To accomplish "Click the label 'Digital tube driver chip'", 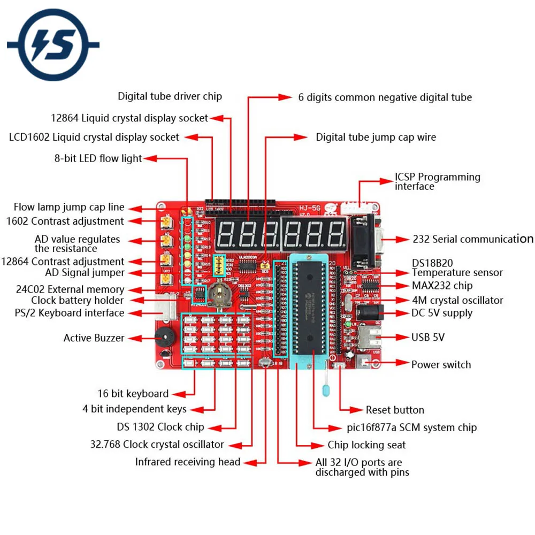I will [x=170, y=96].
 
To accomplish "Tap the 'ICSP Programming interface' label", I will [x=437, y=181].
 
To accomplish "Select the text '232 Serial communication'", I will [x=472, y=239].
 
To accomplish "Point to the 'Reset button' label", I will [x=395, y=410].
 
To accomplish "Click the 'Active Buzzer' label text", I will [x=94, y=338].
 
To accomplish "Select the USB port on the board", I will [x=370, y=337].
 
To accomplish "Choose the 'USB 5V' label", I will [x=427, y=337].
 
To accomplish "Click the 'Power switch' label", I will [x=441, y=364].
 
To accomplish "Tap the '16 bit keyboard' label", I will [x=133, y=393].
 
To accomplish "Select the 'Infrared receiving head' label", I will [x=187, y=461].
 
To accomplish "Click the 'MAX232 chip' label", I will [x=442, y=286].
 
